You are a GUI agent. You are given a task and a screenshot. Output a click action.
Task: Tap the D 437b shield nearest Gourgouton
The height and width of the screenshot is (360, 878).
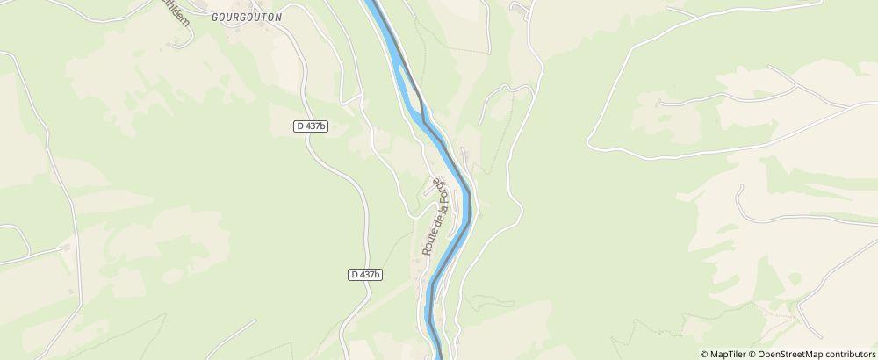311,126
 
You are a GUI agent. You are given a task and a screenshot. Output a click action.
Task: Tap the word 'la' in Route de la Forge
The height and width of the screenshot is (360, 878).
435,210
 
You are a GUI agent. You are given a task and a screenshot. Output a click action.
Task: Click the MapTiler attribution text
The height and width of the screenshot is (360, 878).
730,354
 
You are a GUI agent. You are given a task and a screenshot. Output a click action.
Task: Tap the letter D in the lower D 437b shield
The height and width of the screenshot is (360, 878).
354,274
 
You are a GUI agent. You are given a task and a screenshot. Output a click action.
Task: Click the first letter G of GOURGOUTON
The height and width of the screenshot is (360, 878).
214,17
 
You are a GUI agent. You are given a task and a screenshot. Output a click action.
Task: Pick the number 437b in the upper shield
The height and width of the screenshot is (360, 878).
315,126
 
